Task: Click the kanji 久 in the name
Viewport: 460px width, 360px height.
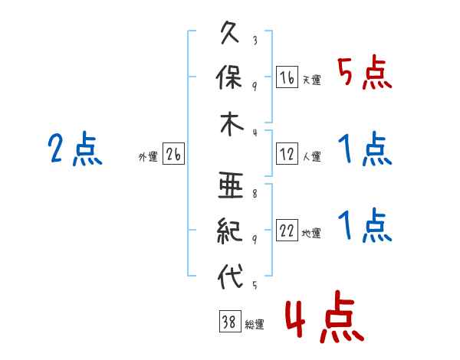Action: (230, 32)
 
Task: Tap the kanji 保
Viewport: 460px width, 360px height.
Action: (229, 77)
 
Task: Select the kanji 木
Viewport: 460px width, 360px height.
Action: (232, 124)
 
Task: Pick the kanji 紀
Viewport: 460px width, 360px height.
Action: (230, 231)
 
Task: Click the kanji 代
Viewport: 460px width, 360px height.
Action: (230, 277)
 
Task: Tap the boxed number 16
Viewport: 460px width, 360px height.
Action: (287, 77)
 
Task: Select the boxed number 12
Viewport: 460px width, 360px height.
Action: (287, 154)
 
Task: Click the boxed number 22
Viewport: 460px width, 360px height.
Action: (287, 230)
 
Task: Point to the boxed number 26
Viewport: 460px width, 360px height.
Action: (173, 154)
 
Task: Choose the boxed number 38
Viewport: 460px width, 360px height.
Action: (230, 321)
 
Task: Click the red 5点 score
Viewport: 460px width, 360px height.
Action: (365, 72)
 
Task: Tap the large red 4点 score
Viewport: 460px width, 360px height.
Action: (324, 316)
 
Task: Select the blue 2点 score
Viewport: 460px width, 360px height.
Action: (75, 148)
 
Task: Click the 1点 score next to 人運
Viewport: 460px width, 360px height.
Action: (365, 149)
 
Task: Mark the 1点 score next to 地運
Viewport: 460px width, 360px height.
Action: (365, 225)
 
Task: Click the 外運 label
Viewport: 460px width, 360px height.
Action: (148, 157)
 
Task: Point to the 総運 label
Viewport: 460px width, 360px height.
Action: (255, 325)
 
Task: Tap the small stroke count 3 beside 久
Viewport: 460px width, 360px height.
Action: (255, 40)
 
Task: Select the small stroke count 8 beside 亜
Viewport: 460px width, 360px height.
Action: (255, 194)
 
